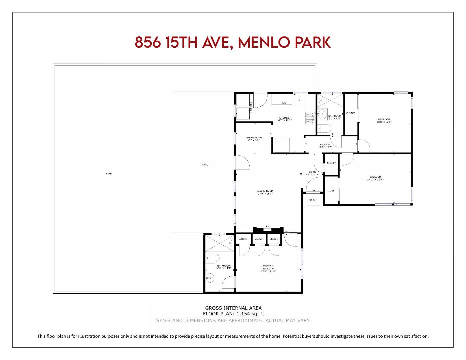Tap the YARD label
(109, 173)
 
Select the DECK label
(205, 165)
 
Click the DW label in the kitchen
(284, 103)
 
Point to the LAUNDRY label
(251, 107)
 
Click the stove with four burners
(310, 118)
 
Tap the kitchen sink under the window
(299, 99)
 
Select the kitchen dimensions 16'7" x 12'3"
(284, 120)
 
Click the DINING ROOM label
(253, 138)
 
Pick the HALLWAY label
(325, 144)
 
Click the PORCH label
(312, 200)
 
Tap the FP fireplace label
(267, 227)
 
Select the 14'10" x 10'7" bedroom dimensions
(375, 179)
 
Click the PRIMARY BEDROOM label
(268, 267)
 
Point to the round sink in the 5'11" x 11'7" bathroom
(210, 277)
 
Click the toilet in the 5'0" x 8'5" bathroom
(323, 128)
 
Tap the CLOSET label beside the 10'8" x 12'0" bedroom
(350, 113)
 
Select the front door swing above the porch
(314, 184)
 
